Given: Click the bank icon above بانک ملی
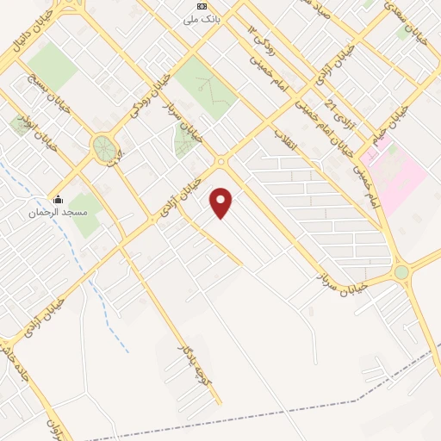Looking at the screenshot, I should tap(202, 6).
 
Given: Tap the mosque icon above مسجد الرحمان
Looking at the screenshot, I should tap(57, 197).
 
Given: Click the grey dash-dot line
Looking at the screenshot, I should tap(345, 406).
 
